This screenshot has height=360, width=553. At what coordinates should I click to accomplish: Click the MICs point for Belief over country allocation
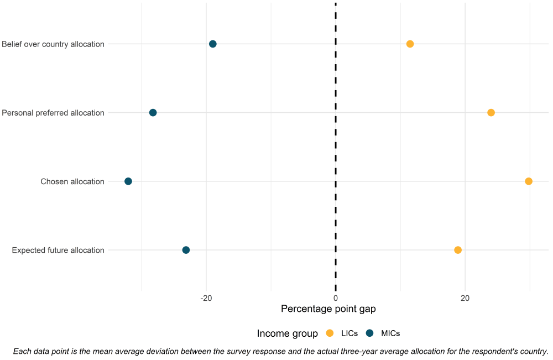tap(212, 44)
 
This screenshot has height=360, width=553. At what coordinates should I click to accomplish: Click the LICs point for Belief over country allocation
tap(410, 44)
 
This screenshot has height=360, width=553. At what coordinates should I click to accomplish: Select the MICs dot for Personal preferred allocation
tap(153, 113)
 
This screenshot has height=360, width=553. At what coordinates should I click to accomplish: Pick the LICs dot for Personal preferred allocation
tap(491, 113)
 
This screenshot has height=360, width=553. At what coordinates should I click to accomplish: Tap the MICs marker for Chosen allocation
tap(128, 181)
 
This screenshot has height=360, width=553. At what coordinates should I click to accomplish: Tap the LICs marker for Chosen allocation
tap(529, 181)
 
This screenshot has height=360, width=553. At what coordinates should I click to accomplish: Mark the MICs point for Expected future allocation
tap(186, 250)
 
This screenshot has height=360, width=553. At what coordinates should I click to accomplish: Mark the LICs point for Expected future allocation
tap(458, 250)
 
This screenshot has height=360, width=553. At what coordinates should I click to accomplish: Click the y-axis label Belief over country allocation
tap(53, 44)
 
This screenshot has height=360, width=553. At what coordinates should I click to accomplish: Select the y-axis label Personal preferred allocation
tap(53, 113)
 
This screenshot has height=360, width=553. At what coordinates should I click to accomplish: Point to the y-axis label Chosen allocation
tap(72, 181)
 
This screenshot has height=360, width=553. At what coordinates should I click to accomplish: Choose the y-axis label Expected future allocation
tap(58, 250)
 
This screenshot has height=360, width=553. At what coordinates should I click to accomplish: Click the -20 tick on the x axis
tap(206, 299)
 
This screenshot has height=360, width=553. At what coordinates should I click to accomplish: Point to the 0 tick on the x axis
tap(336, 299)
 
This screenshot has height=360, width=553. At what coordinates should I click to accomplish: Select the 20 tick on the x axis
tap(465, 299)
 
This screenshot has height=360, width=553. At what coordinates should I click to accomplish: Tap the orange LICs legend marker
tap(330, 333)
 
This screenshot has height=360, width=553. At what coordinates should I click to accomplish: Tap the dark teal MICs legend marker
tap(370, 333)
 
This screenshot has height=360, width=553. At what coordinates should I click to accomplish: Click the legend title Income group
tap(287, 333)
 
